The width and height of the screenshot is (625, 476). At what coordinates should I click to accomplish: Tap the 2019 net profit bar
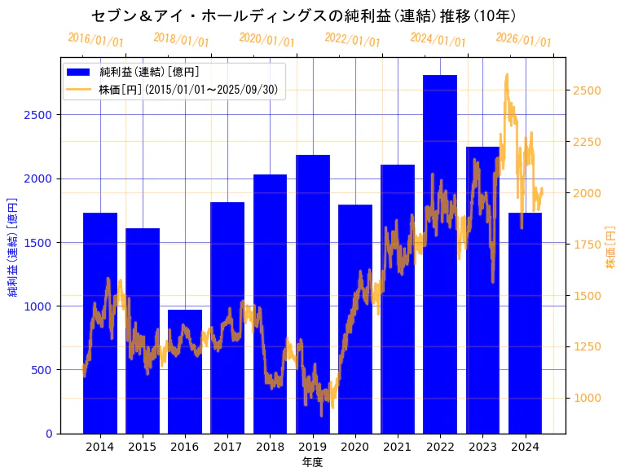313,293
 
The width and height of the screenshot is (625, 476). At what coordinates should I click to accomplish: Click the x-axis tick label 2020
355,447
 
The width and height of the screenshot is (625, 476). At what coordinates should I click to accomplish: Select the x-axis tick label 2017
227,447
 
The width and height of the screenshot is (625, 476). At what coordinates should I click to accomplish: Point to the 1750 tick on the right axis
587,245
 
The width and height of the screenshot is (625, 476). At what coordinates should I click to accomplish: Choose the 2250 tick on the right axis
587,142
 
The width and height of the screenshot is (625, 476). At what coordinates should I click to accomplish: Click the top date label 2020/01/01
266,39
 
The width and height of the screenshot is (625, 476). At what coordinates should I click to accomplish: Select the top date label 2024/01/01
438,39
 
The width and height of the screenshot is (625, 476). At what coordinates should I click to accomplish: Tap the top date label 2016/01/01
95,39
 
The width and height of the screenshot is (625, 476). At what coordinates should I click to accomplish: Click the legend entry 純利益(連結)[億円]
149,72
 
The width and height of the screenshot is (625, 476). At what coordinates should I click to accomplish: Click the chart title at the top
303,15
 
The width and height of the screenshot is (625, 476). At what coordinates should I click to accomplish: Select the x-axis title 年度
313,462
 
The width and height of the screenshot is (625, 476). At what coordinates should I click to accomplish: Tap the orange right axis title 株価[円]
610,248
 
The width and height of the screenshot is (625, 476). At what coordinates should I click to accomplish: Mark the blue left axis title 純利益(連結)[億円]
12,247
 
